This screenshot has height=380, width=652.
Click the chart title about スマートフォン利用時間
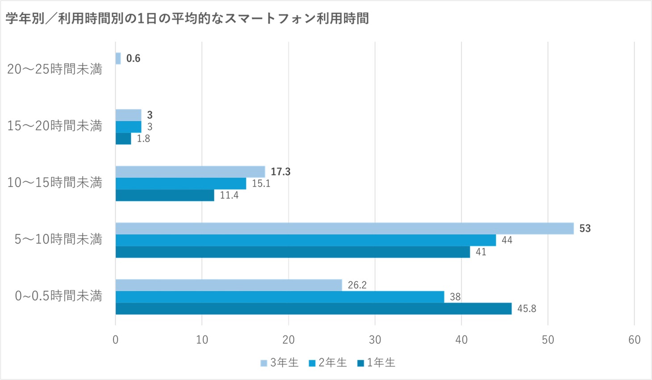(187, 19)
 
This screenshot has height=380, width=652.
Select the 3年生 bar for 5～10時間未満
(344, 228)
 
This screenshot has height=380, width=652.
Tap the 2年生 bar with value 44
(305, 240)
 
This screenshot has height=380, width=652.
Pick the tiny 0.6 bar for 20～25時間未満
(118, 58)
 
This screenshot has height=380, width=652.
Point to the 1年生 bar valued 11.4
(165, 195)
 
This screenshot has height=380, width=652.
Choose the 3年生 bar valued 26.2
(229, 285)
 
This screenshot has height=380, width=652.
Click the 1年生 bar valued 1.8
(123, 139)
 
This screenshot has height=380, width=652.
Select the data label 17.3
(280, 172)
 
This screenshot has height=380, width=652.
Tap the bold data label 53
(585, 228)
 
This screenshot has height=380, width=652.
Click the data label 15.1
(261, 184)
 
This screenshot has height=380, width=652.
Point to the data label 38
(455, 297)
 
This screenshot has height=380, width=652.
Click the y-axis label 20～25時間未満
(54, 69)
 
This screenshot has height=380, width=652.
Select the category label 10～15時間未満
(54, 182)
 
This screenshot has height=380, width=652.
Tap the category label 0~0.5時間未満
(59, 296)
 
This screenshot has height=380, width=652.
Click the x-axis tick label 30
(375, 340)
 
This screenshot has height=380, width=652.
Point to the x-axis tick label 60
(634, 340)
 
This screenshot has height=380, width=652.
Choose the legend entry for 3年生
(280, 363)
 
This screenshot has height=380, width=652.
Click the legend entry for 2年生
(328, 363)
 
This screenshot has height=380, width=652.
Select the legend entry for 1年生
(376, 363)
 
